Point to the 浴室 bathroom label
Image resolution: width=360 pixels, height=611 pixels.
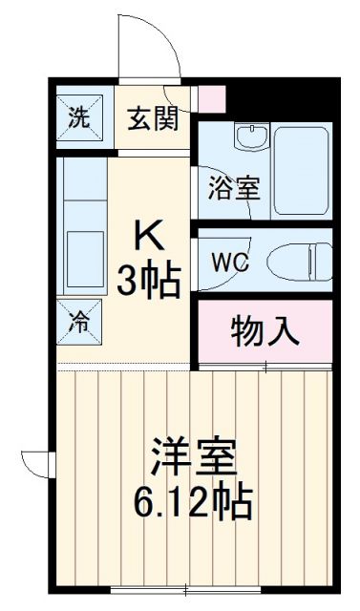pos(233,186)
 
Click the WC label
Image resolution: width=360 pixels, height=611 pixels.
pos(232,262)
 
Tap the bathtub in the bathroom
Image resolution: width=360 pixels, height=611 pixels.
pos(300,169)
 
